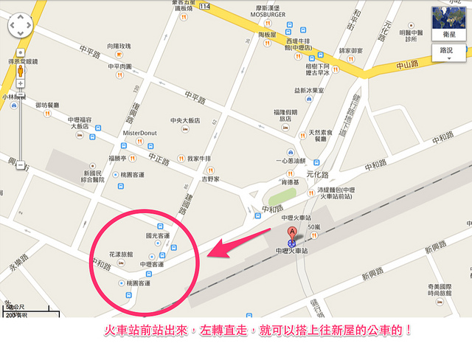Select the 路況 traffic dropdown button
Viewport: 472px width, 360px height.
[448, 52]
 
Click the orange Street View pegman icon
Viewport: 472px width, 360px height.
[20, 72]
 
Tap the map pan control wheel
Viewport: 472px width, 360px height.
[20, 28]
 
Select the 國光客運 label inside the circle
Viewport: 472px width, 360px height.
[159, 236]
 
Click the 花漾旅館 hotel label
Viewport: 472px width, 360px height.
[121, 254]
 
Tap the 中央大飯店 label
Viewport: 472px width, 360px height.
[185, 120]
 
